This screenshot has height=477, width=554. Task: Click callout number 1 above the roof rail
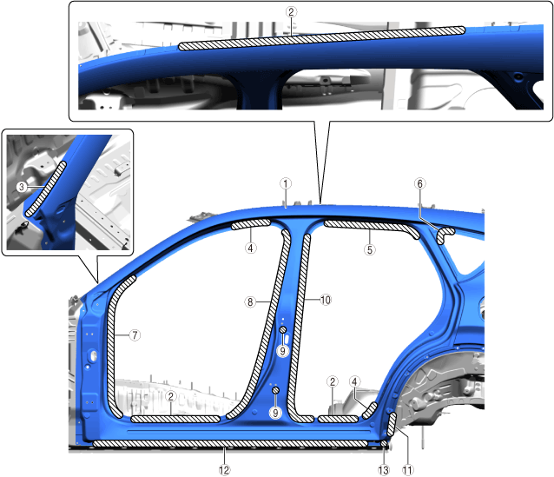point(286,183)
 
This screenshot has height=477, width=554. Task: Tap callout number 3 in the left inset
point(22,187)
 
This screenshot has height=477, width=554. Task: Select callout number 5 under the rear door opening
point(370,249)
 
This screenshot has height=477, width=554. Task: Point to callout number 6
point(419,183)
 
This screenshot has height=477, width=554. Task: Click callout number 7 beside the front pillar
point(135,335)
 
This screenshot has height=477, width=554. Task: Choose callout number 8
point(250,302)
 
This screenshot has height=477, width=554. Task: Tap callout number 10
point(326,300)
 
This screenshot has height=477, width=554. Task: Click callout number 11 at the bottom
point(407,470)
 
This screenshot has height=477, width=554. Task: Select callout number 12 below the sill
point(224,470)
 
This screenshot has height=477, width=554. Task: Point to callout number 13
point(384,470)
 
